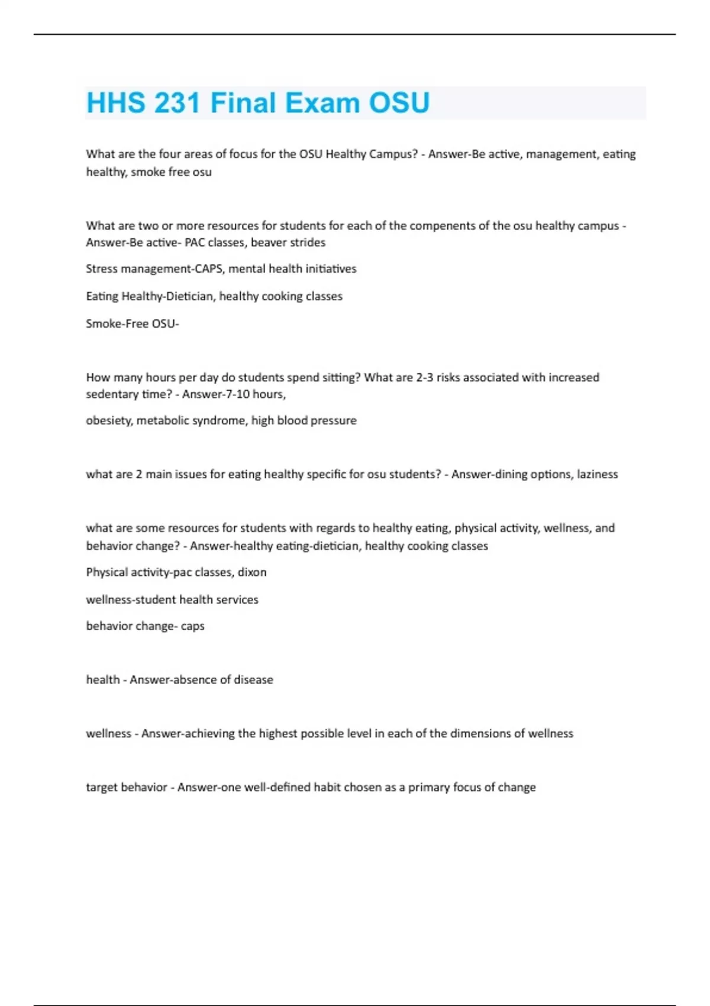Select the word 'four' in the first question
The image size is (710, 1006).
tap(168, 154)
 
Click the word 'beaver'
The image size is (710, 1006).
tap(269, 242)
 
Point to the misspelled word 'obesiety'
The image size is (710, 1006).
tap(109, 421)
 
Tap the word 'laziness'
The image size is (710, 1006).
tap(597, 474)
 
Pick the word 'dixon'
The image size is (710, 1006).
tap(252, 572)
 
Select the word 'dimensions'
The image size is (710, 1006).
tap(480, 733)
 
